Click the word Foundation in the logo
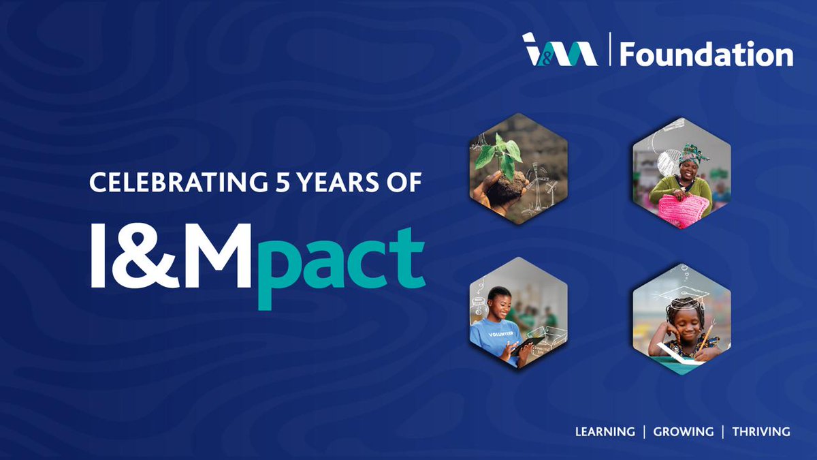click(x=706, y=53)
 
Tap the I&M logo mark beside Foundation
click(x=560, y=50)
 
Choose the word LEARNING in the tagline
click(x=605, y=431)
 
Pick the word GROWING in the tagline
click(x=684, y=431)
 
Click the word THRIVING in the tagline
click(x=761, y=431)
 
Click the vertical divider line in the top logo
click(x=609, y=50)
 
